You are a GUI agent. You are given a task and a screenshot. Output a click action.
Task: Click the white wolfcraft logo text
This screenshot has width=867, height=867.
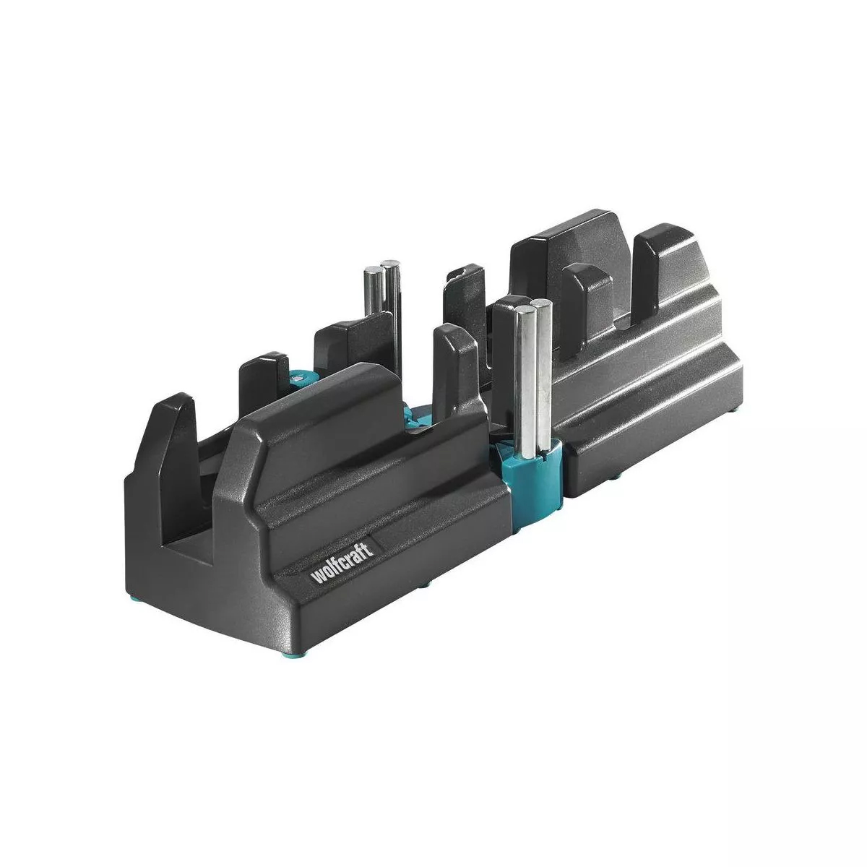pos(342,563)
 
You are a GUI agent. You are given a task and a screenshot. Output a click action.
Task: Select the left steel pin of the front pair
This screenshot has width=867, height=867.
pos(524,379)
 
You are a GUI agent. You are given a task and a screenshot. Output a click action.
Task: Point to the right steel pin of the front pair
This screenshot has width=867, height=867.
pos(544,374)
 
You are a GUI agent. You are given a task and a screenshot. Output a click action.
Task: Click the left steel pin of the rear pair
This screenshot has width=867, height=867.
pos(373,290)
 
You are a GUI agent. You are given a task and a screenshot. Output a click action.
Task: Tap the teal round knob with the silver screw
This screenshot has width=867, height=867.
pos(298,381)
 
